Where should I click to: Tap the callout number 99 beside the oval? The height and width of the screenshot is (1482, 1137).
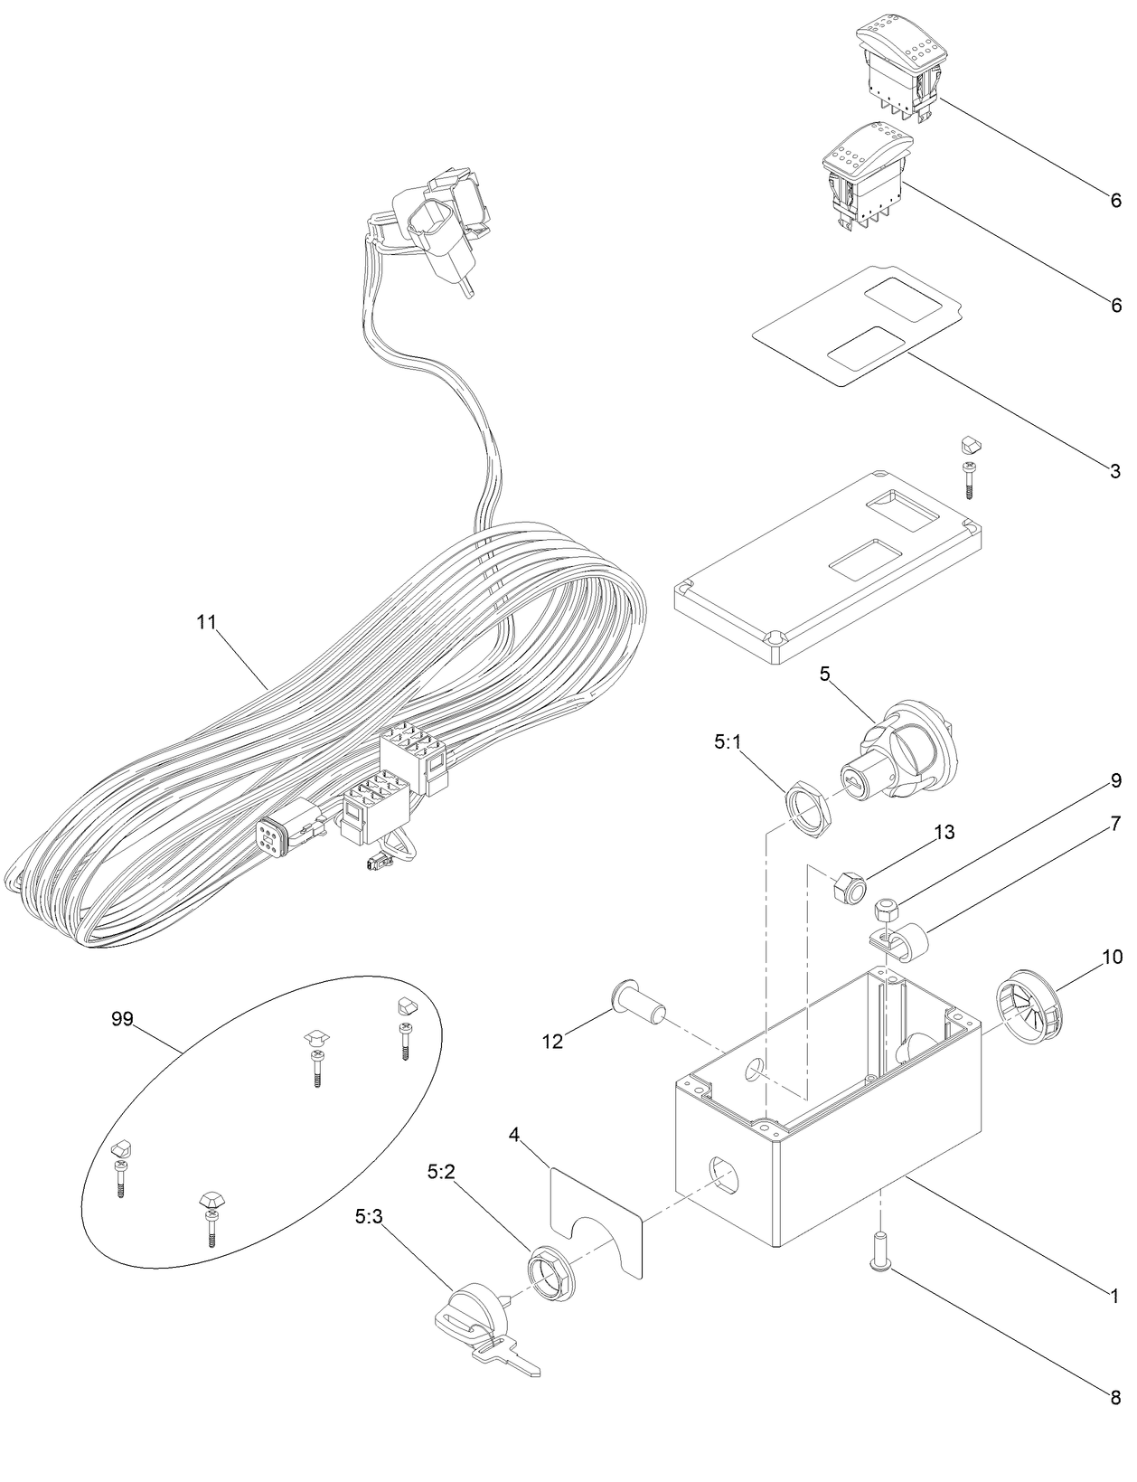(122, 1018)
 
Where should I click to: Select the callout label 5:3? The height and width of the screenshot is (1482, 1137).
(370, 1217)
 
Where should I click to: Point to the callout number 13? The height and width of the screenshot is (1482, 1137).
(944, 833)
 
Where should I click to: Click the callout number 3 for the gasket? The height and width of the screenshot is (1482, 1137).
(1115, 471)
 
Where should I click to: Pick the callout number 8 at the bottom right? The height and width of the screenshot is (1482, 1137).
(1115, 1397)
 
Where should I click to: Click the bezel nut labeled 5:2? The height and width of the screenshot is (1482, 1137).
(547, 1271)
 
